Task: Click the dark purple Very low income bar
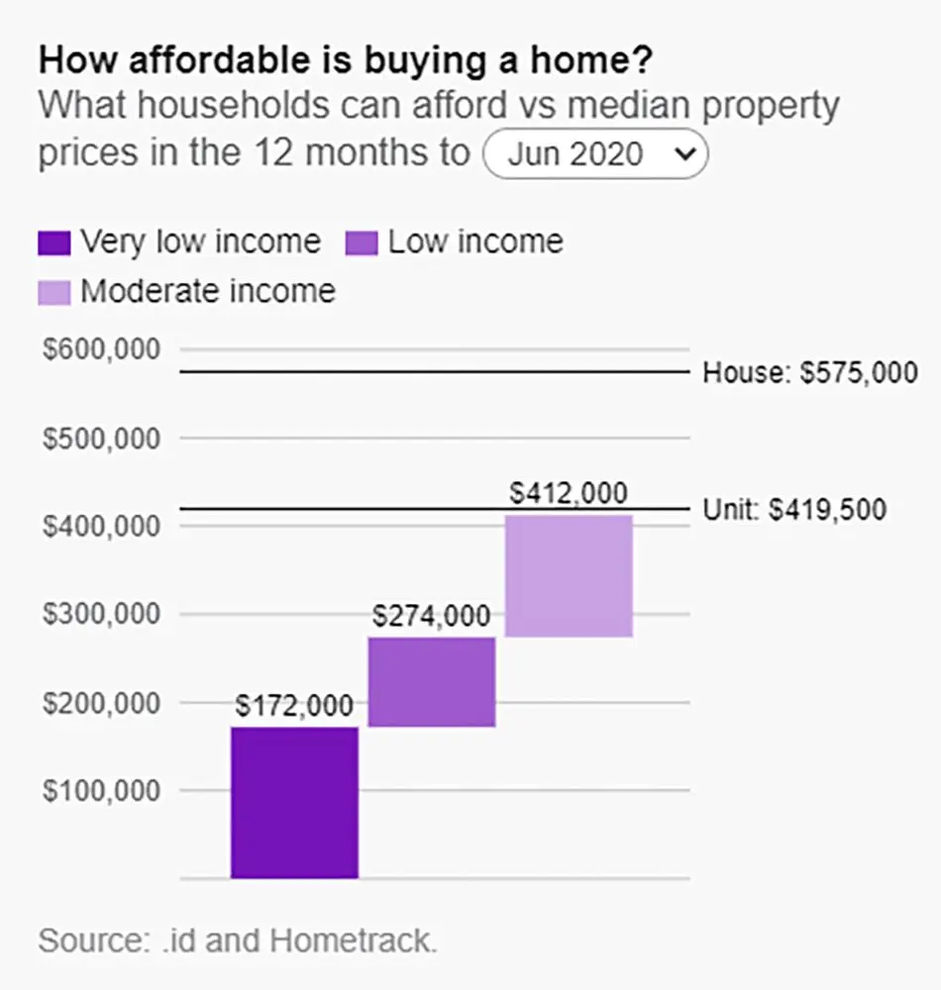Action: click(294, 803)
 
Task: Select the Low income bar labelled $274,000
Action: click(432, 682)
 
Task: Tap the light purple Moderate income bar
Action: click(569, 576)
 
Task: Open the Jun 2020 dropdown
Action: click(595, 153)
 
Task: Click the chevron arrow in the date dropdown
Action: click(685, 153)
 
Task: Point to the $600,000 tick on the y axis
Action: click(101, 349)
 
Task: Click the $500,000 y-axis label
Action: click(101, 439)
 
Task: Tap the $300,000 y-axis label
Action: click(101, 614)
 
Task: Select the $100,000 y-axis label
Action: click(101, 790)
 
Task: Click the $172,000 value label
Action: click(294, 705)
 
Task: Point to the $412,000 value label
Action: click(569, 493)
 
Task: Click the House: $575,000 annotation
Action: click(810, 372)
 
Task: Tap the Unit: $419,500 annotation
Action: click(794, 510)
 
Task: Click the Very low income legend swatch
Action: click(54, 244)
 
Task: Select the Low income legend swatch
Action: click(362, 244)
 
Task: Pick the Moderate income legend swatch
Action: click(54, 293)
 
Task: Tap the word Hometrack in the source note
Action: click(353, 940)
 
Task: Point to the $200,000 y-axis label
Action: click(101, 703)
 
